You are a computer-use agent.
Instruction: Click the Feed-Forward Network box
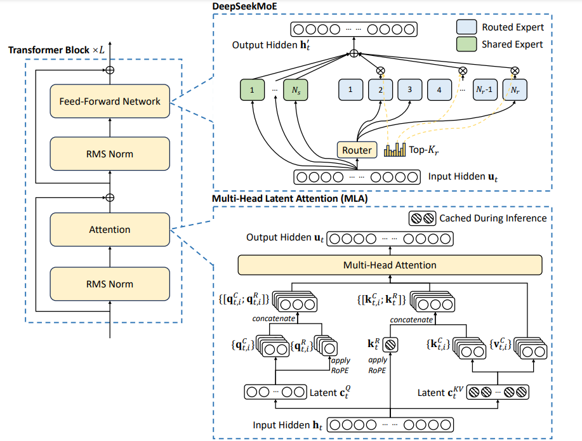pos(110,101)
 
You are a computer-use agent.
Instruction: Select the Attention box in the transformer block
pos(110,230)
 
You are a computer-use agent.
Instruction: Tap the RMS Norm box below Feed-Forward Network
pos(110,154)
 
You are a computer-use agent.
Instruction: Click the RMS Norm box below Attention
pos(110,283)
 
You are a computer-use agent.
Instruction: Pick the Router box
pos(357,150)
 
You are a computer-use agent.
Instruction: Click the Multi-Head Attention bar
pos(390,265)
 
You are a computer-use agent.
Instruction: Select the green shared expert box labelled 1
pos(253,90)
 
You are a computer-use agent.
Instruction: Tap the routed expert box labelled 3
pos(410,90)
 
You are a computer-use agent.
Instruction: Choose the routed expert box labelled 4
pos(439,90)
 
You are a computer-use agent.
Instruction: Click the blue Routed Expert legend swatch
pos(466,27)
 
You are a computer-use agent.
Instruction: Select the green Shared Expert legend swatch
pos(466,44)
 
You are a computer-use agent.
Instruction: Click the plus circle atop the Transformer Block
pos(110,69)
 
